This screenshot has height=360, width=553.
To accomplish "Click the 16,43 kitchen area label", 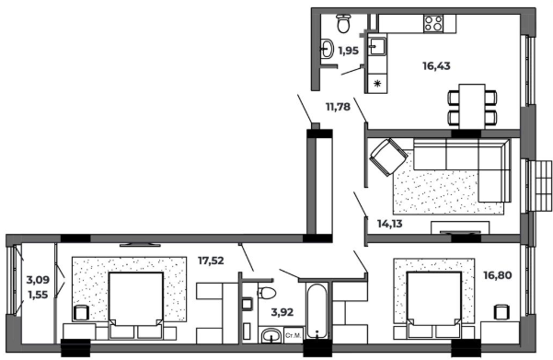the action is click(x=436, y=66).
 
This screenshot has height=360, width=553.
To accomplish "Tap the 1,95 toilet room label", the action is click(x=349, y=51).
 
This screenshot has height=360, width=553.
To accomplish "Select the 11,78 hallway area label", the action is click(x=338, y=107).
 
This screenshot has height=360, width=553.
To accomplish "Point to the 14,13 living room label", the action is click(x=390, y=224).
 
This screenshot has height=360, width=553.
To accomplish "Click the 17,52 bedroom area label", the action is click(x=211, y=261).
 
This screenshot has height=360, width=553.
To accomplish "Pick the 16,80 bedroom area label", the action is click(x=497, y=275).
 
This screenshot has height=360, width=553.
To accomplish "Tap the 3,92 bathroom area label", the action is click(x=282, y=312).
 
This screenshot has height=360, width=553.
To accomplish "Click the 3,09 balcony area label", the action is click(x=38, y=280).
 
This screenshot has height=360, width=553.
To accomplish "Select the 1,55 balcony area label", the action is click(x=38, y=295).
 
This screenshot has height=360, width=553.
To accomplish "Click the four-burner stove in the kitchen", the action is click(x=433, y=24).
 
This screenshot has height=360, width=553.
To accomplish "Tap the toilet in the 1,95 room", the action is click(x=343, y=23).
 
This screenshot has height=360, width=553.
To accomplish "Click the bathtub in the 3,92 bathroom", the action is click(x=317, y=311).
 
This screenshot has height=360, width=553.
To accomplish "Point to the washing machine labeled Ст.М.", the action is click(x=294, y=335).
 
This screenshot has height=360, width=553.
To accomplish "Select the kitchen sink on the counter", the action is click(x=377, y=46).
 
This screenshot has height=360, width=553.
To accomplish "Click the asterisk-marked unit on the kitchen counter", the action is click(x=377, y=84).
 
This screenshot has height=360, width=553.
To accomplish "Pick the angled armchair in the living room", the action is click(x=388, y=157).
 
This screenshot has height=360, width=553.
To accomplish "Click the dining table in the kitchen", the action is click(x=472, y=107).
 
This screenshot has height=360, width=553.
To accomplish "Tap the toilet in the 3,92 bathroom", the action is click(x=267, y=293).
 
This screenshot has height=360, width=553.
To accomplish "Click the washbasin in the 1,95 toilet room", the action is click(x=327, y=48).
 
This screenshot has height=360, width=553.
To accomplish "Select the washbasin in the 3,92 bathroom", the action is click(x=271, y=336).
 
